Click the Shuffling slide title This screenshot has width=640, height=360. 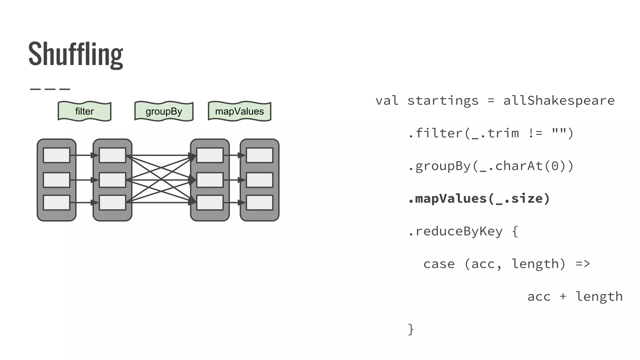(x=76, y=54)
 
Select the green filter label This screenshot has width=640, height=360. (x=84, y=111)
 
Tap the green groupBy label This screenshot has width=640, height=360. (x=164, y=111)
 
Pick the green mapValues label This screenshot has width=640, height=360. (x=239, y=111)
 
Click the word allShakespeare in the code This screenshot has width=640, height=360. (x=559, y=101)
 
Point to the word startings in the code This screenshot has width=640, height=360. (x=443, y=101)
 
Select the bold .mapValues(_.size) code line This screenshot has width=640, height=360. (x=479, y=199)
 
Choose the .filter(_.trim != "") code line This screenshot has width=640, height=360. (x=491, y=133)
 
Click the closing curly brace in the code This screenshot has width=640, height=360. (x=411, y=329)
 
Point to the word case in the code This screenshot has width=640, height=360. (x=439, y=264)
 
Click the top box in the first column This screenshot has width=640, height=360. (x=57, y=155)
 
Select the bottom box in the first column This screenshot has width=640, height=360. (x=57, y=203)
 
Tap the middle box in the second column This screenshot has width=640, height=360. (x=112, y=180)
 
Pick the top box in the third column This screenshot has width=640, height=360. (x=210, y=155)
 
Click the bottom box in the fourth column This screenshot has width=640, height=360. (x=259, y=203)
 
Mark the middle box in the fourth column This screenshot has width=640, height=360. (x=259, y=180)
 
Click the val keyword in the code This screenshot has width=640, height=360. (x=387, y=101)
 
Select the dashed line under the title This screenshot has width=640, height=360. (x=50, y=89)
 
